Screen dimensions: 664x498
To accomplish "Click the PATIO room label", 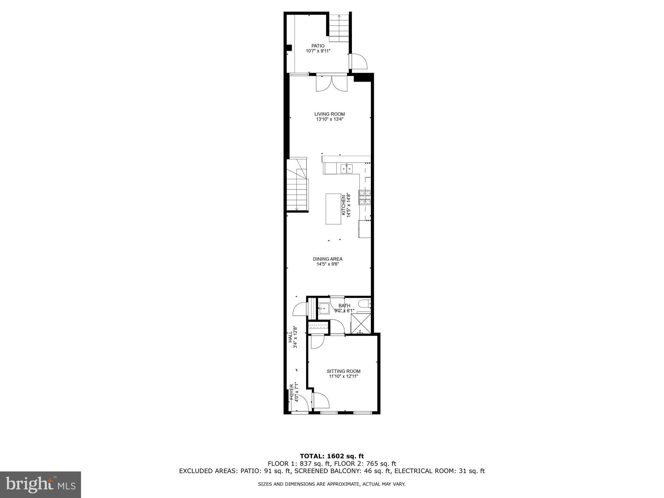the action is point(318,46).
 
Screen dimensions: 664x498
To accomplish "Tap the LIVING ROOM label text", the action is point(330,114).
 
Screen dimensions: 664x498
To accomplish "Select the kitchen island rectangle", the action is point(333,209).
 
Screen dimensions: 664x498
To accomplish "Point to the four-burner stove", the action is point(364,197).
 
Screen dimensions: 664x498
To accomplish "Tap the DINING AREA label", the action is point(328,259).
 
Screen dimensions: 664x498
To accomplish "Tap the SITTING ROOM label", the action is point(344,371).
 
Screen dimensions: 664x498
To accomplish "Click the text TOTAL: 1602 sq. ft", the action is point(332,456).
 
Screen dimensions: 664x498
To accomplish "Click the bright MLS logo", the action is point(41,485).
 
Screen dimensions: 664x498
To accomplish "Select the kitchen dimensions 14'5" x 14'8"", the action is point(349,205).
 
